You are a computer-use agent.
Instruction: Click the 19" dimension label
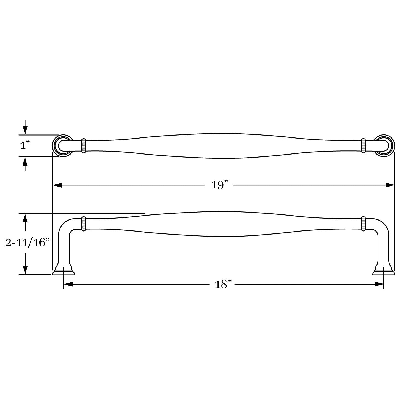coord(220,185)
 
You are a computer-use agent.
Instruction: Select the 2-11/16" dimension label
coord(27,243)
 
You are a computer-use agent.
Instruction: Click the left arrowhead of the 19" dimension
coord(57,185)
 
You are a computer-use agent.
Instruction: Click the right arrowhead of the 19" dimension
coord(390,185)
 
